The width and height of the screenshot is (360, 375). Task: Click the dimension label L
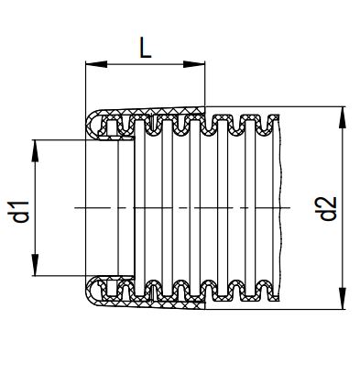click(x=146, y=48)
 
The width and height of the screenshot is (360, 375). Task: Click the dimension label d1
click(x=20, y=212)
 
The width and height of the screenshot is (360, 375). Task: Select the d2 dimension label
click(x=328, y=208)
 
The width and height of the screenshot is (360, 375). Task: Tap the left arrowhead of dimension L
click(x=96, y=64)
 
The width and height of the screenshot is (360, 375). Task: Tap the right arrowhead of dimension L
click(x=193, y=64)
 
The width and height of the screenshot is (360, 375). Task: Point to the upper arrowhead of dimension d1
click(x=35, y=150)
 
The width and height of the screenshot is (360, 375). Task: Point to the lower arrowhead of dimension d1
click(x=35, y=265)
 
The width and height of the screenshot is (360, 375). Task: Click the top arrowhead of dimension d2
click(x=343, y=117)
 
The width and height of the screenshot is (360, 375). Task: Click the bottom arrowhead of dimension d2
click(x=343, y=298)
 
